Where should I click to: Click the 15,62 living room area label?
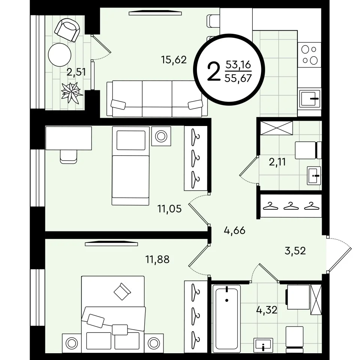(174, 60)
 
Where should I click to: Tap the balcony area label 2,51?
(76, 72)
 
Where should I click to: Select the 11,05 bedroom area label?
(169, 209)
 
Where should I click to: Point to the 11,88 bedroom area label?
(157, 259)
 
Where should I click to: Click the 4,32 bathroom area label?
(267, 310)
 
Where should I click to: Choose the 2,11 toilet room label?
(277, 162)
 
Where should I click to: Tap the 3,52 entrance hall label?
(295, 251)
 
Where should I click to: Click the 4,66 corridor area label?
(235, 230)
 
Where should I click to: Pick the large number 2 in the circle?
(213, 72)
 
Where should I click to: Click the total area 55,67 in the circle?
(238, 78)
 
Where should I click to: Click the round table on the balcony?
(60, 55)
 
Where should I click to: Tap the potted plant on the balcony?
(72, 93)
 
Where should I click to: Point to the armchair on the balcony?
(67, 30)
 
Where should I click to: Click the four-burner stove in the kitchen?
(309, 55)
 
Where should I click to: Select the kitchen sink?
(310, 99)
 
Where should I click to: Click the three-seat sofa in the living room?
(157, 99)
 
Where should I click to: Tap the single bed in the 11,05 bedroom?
(130, 165)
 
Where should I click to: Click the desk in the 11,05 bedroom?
(69, 138)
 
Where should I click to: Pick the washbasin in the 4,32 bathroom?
(263, 345)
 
